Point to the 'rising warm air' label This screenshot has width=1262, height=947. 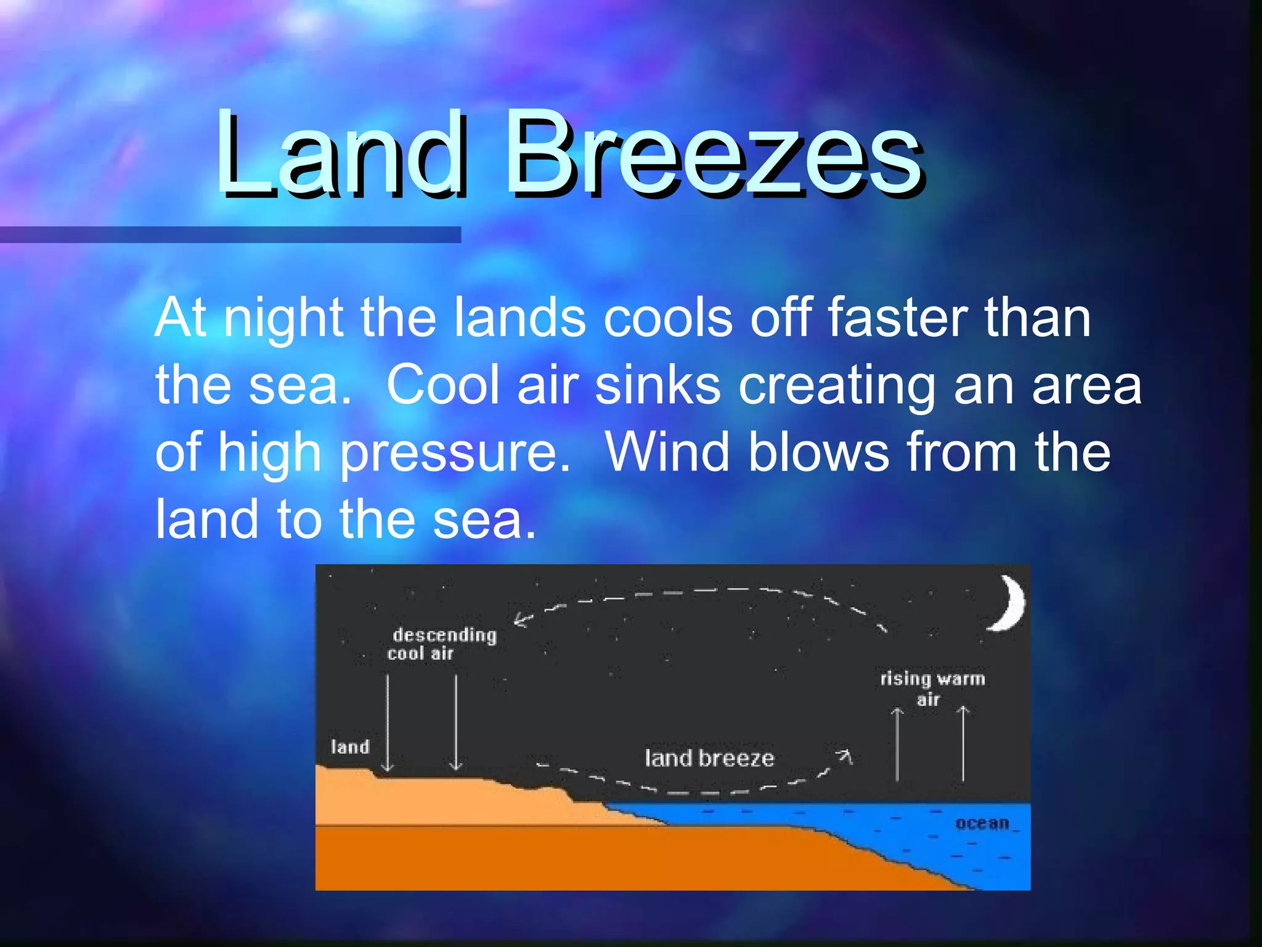(932, 687)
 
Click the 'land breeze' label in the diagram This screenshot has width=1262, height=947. (709, 758)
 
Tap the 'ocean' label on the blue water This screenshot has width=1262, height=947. (982, 823)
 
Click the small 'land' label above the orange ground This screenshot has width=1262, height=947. (350, 747)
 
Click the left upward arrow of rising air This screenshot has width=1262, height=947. (897, 743)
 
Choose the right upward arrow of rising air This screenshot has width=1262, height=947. (963, 743)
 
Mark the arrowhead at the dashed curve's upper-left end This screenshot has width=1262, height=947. (521, 620)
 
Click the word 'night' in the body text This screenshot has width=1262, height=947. (283, 319)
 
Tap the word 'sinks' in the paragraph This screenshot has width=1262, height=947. (657, 385)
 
